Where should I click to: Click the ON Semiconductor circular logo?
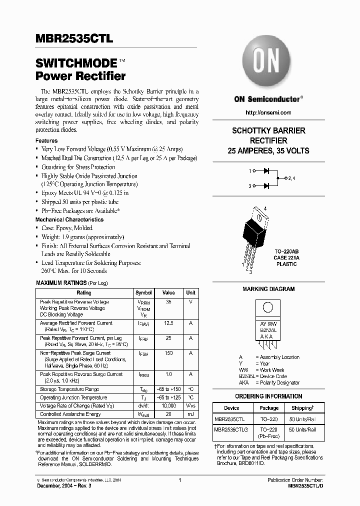pyautogui.click(x=268, y=63)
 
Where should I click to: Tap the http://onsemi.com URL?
pyautogui.click(x=268, y=112)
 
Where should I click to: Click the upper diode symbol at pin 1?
pyautogui.click(x=266, y=170)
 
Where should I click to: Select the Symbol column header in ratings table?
pyautogui.click(x=143, y=293)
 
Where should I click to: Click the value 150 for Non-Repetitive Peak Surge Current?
pyautogui.click(x=169, y=353)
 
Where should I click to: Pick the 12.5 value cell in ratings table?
pyautogui.click(x=169, y=323)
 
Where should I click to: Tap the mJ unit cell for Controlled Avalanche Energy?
pyautogui.click(x=190, y=414)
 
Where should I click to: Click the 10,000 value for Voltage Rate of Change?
pyautogui.click(x=169, y=406)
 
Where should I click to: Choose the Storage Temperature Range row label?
pyautogui.click(x=69, y=389)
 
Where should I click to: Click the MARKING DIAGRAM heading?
pyautogui.click(x=268, y=289)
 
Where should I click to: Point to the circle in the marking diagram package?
pyautogui.click(x=268, y=307)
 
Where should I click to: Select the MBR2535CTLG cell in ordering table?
pyautogui.click(x=231, y=429)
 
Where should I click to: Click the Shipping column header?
pyautogui.click(x=301, y=408)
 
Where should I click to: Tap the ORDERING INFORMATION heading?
pyautogui.click(x=268, y=396)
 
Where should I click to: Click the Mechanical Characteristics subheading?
pyautogui.click(x=69, y=219)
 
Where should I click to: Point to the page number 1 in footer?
pyautogui.click(x=179, y=480)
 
